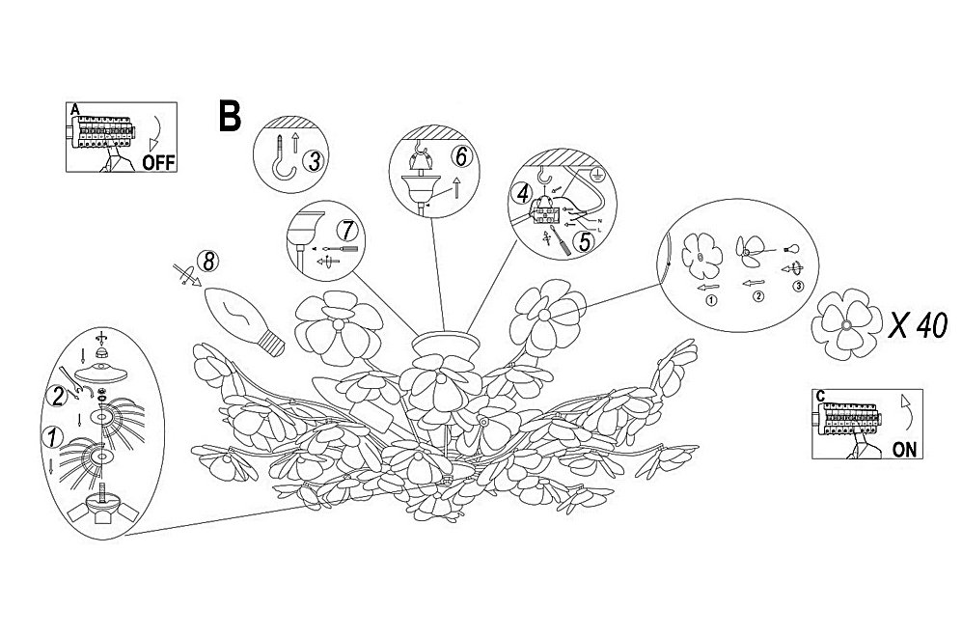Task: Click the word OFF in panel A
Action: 158,162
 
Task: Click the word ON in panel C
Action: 904,449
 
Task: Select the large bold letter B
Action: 230,116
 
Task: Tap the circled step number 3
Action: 314,162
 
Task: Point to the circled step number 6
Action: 460,156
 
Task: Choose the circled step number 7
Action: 346,232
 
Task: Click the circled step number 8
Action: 208,263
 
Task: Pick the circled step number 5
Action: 584,241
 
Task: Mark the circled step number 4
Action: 522,194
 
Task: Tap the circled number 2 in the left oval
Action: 58,396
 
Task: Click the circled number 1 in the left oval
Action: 52,437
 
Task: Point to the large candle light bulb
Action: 244,321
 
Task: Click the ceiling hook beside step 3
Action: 284,158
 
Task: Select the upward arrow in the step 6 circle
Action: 455,186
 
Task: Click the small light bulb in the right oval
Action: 793,249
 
